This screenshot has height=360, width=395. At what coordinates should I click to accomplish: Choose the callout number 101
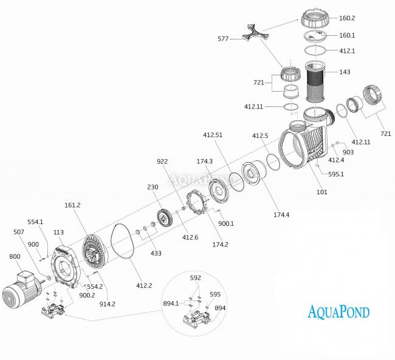click(321, 192)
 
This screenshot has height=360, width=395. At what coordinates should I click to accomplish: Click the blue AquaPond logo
click(338, 313)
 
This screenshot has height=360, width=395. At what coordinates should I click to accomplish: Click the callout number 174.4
click(282, 216)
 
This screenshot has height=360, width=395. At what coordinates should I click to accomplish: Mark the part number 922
click(162, 162)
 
